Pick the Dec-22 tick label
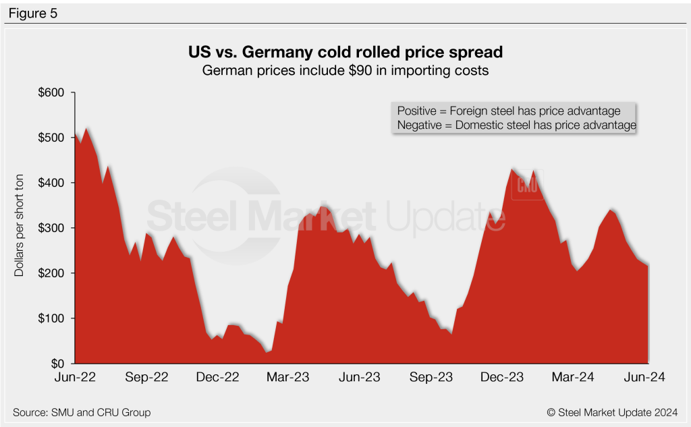click(x=217, y=378)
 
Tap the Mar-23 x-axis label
click(x=287, y=378)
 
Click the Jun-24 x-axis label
click(x=645, y=378)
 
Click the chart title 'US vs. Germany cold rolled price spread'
click(x=345, y=52)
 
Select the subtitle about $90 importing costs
click(x=345, y=69)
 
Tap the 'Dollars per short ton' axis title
click(x=20, y=228)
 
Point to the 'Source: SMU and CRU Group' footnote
click(x=82, y=412)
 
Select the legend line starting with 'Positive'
click(x=509, y=111)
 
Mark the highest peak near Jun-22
click(x=86, y=127)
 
